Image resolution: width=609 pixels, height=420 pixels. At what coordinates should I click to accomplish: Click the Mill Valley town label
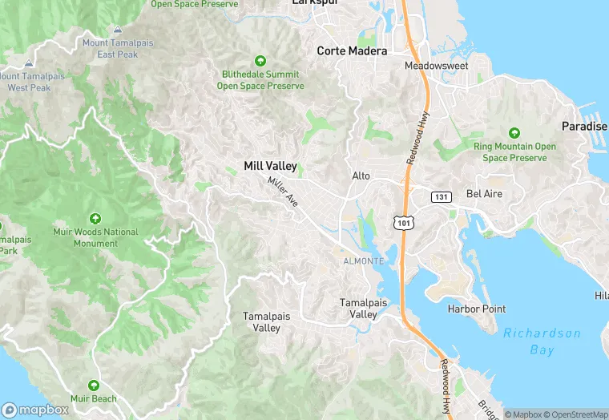point(270,166)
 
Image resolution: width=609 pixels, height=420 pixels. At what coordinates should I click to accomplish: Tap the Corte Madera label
point(352,50)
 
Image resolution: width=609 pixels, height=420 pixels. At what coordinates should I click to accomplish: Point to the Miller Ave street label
point(283,192)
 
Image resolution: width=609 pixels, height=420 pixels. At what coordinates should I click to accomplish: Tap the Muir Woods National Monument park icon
point(95,219)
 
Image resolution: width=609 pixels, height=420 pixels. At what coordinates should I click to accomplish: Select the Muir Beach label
point(93,398)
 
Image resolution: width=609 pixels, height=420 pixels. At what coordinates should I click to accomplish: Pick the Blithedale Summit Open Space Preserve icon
point(260,61)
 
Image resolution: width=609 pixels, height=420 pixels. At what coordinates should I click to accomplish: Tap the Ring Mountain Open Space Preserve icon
point(514,133)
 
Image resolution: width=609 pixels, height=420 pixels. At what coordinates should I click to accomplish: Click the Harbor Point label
point(476,309)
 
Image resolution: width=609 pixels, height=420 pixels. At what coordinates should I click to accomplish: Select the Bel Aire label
point(483,194)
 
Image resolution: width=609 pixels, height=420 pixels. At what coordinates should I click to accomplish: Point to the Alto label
point(361,176)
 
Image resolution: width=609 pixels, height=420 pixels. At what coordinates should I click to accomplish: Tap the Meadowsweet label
point(436,66)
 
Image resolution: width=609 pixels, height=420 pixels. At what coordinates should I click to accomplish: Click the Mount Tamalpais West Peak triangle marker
point(29,63)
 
